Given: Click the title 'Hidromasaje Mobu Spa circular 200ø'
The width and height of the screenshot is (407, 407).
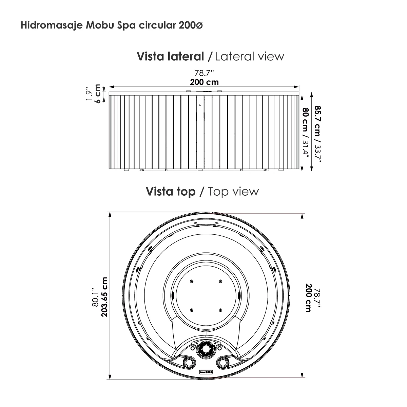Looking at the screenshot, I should pyautogui.click(x=112, y=26).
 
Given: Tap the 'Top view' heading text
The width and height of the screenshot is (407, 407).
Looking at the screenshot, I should pyautogui.click(x=233, y=192).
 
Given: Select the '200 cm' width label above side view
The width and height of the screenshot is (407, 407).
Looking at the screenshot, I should pyautogui.click(x=204, y=82).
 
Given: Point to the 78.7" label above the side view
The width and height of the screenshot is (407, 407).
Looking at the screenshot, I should pyautogui.click(x=204, y=73).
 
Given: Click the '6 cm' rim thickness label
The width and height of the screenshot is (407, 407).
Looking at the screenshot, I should pyautogui.click(x=97, y=93).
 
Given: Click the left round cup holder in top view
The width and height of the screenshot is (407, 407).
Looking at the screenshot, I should pyautogui.click(x=189, y=362).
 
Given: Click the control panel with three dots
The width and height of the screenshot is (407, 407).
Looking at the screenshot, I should pyautogui.click(x=206, y=372).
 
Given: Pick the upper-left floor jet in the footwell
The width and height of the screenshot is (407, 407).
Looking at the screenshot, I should pyautogui.click(x=192, y=281).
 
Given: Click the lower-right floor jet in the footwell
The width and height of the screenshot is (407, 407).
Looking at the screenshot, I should pyautogui.click(x=220, y=310).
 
